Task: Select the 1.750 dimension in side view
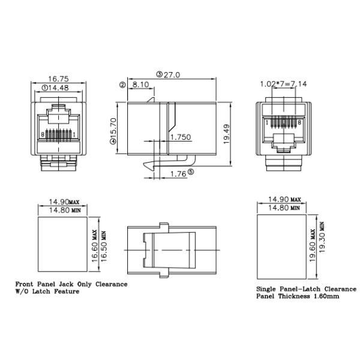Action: coord(180,137)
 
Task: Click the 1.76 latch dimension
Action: coord(177,174)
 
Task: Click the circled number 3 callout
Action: coord(160,74)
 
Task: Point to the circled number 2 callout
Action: coord(122,85)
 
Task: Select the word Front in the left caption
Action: coord(26,284)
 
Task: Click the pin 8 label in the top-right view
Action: coord(299,122)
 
